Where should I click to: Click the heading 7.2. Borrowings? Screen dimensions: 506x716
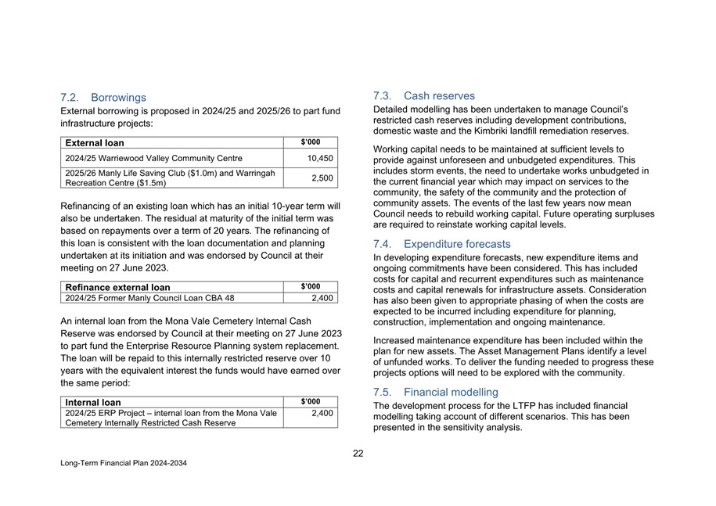(103, 98)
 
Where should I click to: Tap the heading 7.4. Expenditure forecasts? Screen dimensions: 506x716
(442, 244)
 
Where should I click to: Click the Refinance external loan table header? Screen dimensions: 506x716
(117, 287)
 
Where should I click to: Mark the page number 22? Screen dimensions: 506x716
(358, 452)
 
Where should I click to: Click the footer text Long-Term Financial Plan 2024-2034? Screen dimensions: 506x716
(124, 463)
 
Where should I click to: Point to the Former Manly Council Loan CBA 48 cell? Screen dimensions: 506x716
(149, 298)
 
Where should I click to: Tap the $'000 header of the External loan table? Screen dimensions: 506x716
(310, 142)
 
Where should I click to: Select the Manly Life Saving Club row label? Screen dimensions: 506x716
(170, 173)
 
